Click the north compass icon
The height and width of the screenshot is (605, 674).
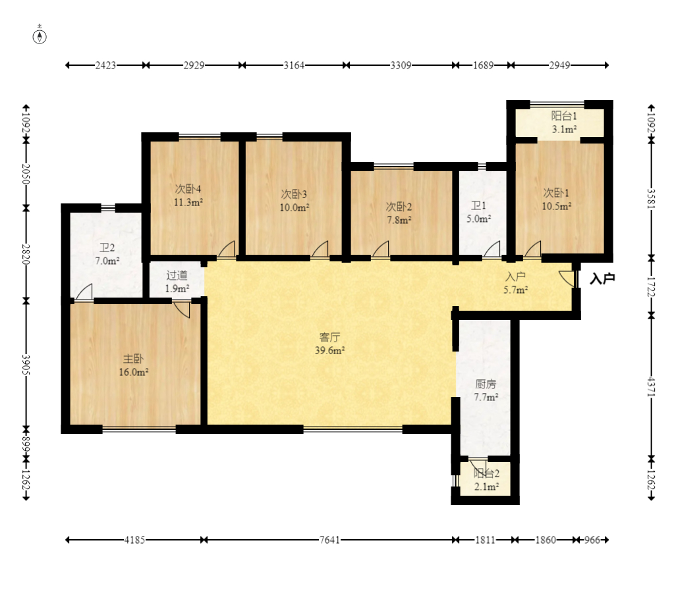point(40,36)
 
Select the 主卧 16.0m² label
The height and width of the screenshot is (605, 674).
point(134,365)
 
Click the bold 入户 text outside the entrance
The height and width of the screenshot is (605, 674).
point(602,278)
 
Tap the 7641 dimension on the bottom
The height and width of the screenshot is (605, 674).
point(329,540)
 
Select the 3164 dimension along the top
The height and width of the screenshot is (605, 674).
point(294,65)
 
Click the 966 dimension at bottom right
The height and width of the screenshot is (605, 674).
point(592,540)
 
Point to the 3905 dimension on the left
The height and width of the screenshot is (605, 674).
point(26,365)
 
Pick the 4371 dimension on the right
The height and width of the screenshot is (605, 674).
point(651,387)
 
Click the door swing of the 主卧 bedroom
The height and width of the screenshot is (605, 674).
point(182,309)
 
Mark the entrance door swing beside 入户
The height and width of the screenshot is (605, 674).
point(567,278)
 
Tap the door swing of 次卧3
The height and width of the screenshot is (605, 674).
point(320,250)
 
